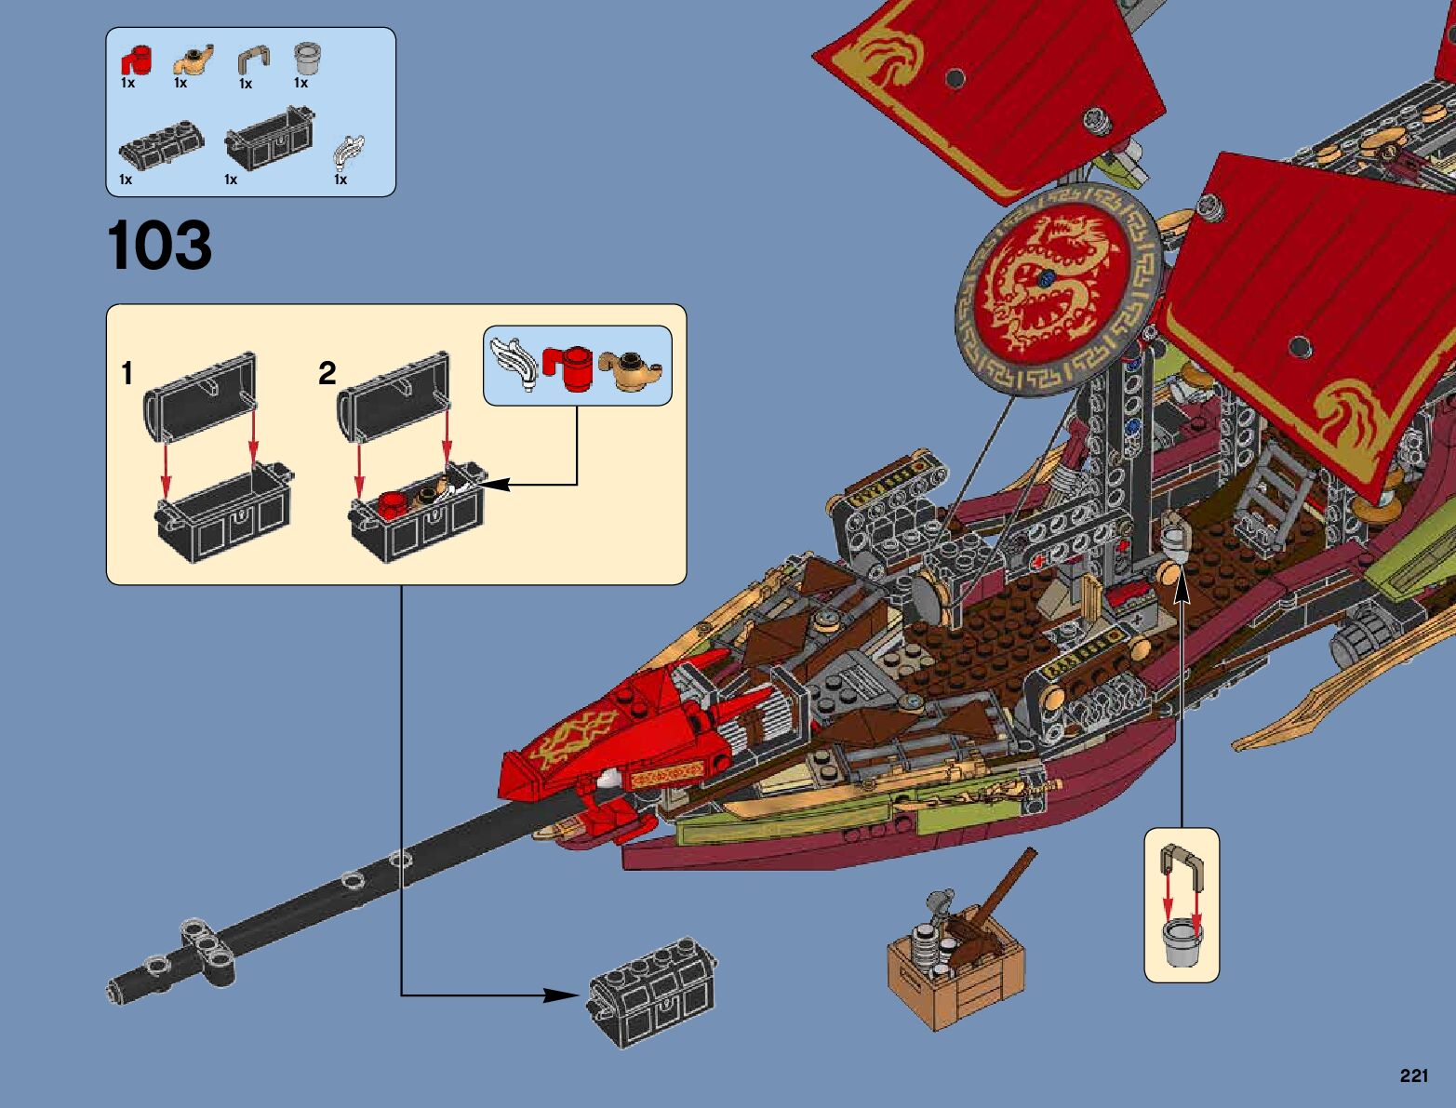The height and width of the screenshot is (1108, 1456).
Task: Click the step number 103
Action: click(x=159, y=246)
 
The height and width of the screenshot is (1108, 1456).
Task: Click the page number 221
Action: click(x=1412, y=1076)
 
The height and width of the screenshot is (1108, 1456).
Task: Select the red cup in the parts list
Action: click(x=136, y=61)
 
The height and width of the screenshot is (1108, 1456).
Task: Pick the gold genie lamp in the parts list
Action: click(x=194, y=60)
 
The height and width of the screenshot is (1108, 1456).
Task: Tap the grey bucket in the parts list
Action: click(x=307, y=58)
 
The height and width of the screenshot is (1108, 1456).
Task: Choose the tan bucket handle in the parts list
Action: click(x=252, y=61)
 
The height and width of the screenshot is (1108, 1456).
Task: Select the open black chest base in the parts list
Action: click(x=269, y=140)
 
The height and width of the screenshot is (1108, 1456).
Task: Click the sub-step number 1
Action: click(x=127, y=374)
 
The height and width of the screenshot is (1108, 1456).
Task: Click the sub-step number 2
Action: click(x=327, y=374)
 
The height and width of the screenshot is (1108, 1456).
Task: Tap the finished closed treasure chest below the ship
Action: click(x=652, y=989)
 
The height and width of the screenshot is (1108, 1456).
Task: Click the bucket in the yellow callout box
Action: click(x=1182, y=941)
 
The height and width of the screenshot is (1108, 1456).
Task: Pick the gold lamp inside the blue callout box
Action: click(x=632, y=369)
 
